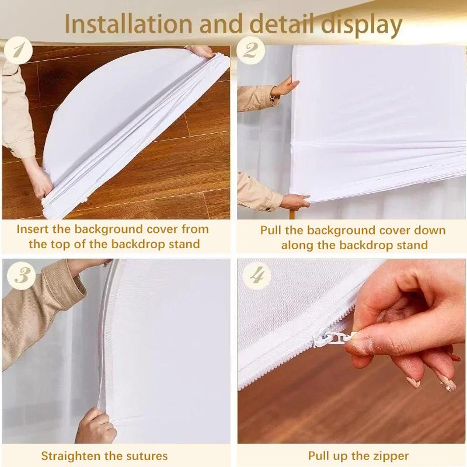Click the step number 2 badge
tap(252, 52)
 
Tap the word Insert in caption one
tap(34, 228)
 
